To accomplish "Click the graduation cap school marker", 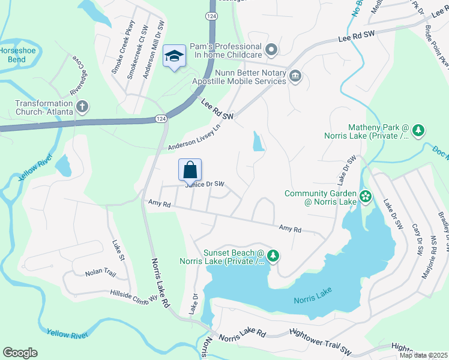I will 175,56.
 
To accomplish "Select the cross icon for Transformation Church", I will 83,107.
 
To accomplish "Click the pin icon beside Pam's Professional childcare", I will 271,49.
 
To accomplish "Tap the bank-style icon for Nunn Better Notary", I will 295,76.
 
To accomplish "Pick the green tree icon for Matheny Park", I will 418,130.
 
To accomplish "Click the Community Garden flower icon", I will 365,196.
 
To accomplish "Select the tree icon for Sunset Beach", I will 273,256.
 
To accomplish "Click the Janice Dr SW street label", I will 205,184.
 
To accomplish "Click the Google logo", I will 20,353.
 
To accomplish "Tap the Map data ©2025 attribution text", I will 423,355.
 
